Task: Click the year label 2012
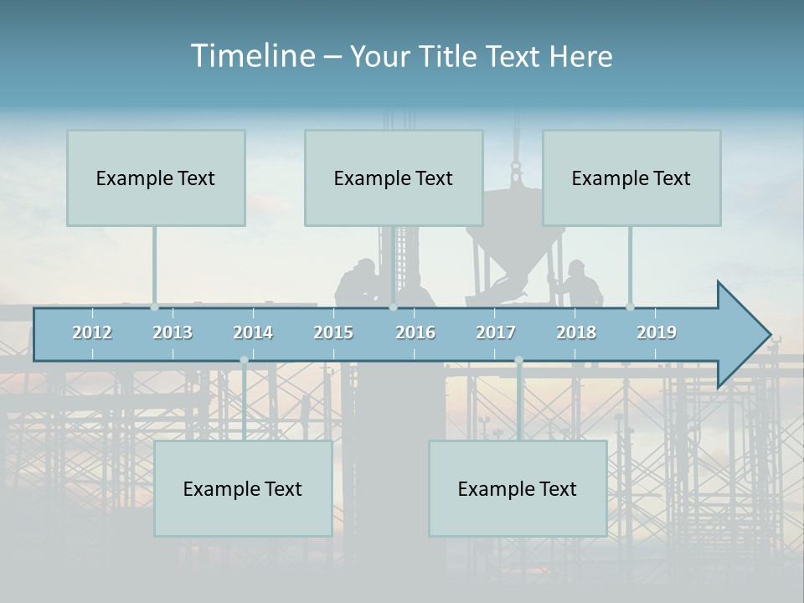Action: click(92, 332)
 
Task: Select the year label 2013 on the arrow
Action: click(173, 332)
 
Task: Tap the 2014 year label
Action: click(253, 332)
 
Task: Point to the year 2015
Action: click(333, 332)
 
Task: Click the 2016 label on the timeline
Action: click(415, 332)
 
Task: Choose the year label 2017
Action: click(496, 332)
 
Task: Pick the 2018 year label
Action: click(576, 332)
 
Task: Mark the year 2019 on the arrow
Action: click(657, 332)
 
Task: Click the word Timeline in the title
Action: click(251, 56)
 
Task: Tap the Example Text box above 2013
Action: click(156, 178)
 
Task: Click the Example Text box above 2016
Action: click(394, 178)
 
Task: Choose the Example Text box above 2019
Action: click(631, 178)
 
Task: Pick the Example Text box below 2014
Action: click(243, 488)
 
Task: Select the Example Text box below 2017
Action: click(518, 488)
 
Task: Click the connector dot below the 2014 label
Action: click(244, 360)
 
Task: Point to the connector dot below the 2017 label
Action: click(518, 360)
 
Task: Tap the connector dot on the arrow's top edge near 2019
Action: click(630, 307)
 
